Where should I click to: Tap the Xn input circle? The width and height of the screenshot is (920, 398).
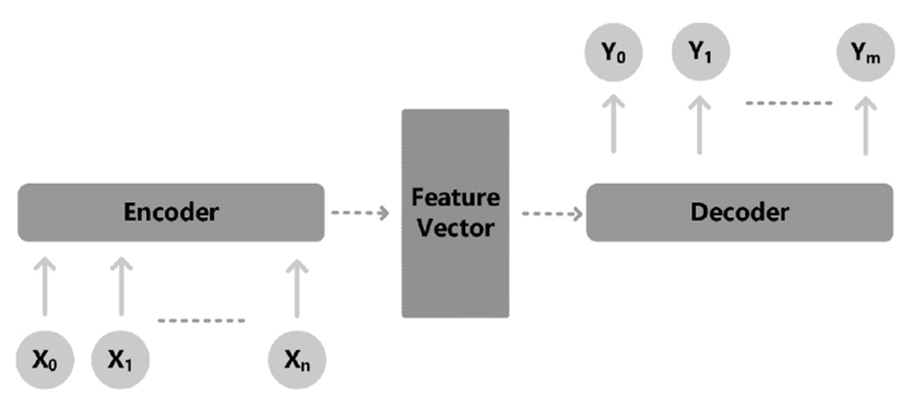298,360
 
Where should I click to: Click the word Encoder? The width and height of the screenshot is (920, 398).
171,213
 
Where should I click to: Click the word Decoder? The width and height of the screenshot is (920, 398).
739,213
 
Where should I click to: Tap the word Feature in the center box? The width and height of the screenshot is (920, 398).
455,198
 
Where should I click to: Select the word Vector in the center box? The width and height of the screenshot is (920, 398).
455,229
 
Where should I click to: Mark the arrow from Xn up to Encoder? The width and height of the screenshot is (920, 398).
298,285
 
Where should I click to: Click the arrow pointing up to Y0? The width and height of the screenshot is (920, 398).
612,125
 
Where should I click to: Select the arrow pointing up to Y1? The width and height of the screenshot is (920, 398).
699,125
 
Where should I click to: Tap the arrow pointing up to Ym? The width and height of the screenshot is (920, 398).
865,125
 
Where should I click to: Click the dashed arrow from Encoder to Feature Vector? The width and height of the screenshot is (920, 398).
359,213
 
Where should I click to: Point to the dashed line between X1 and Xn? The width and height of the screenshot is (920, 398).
202,320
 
